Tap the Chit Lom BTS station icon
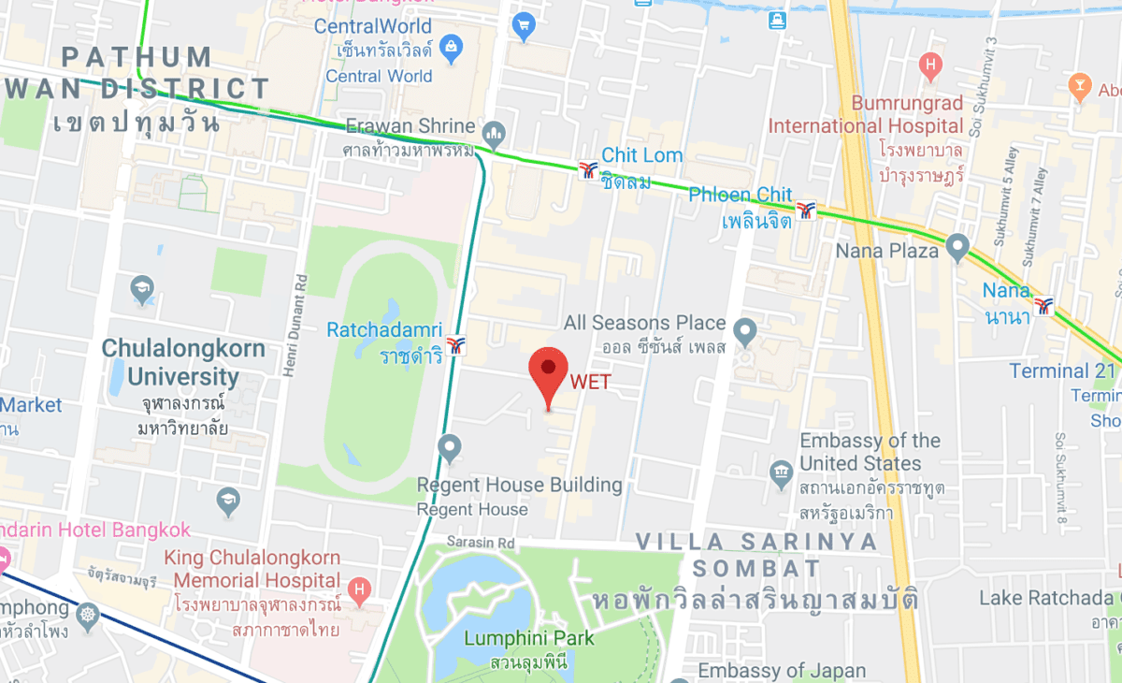click(x=588, y=170)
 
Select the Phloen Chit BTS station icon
click(x=805, y=211)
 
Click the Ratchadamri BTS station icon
click(x=456, y=344)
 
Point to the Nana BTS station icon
click(x=1043, y=305)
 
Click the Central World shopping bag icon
click(x=452, y=47)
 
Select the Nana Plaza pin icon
click(x=956, y=247)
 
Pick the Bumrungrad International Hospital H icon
click(x=929, y=65)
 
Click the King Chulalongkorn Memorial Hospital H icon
click(x=357, y=589)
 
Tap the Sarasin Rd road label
click(x=481, y=543)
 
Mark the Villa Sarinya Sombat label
click(x=756, y=555)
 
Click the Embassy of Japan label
click(x=782, y=670)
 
